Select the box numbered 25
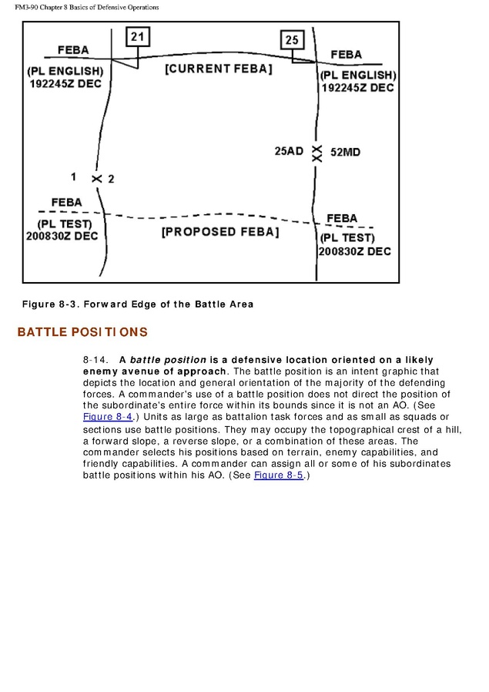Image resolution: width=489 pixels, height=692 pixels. pos(292,40)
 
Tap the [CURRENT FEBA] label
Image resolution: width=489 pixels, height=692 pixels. pos(219,69)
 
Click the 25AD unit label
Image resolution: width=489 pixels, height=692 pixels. pos(289,152)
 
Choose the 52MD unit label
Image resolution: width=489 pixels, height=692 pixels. pos(345,152)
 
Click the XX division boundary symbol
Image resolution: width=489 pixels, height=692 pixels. pos(317,152)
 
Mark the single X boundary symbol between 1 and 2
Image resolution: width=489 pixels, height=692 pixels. pos(97,179)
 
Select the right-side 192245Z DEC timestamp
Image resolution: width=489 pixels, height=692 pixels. pos(357,88)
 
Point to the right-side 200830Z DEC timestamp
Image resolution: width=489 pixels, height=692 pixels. pos(354,251)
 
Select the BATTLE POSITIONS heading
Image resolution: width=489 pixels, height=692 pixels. pos(82,332)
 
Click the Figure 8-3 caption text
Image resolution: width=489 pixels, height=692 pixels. pos(137,304)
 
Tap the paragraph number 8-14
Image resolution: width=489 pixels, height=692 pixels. pos(95,360)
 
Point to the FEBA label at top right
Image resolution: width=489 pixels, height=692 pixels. pos(346,55)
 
